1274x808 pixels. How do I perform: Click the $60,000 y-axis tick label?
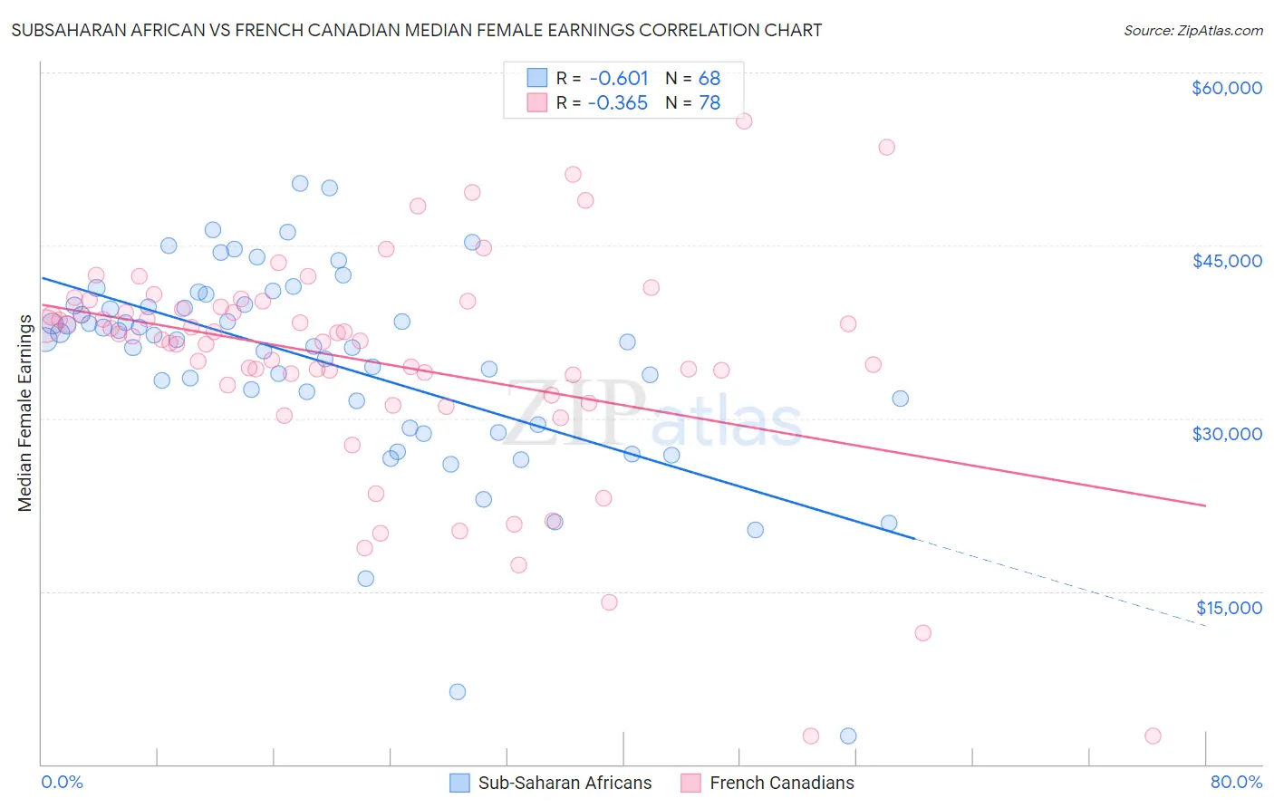click(1226, 88)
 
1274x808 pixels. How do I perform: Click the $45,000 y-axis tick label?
click(1226, 261)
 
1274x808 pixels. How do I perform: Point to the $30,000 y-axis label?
click(1226, 434)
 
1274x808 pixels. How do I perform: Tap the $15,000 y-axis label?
click(1228, 608)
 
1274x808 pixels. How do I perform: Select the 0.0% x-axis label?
click(63, 782)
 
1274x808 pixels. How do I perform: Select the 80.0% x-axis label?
click(1235, 782)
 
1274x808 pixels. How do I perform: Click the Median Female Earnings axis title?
click(25, 413)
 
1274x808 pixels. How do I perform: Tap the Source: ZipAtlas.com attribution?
click(1192, 31)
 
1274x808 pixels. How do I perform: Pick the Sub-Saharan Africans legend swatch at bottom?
click(460, 783)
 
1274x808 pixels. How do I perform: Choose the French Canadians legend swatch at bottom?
click(691, 783)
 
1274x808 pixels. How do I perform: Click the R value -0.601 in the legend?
click(618, 78)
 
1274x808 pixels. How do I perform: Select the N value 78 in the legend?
click(709, 103)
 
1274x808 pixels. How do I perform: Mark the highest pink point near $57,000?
click(744, 121)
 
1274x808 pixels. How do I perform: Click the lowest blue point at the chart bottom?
click(848, 736)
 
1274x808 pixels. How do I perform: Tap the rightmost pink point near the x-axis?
click(1153, 736)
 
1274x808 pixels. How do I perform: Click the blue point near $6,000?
click(458, 692)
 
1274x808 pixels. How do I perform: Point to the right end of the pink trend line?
click(1206, 505)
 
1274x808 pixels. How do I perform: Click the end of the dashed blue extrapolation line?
click(1206, 627)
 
